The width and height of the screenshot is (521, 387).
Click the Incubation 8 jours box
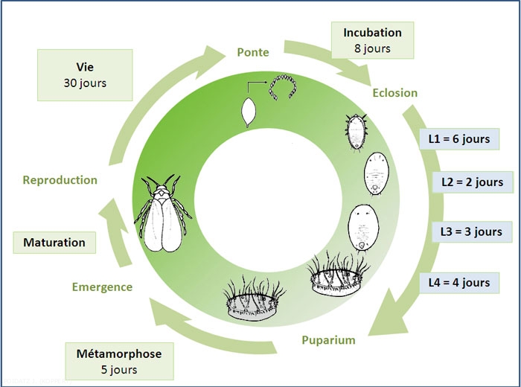coord(372,40)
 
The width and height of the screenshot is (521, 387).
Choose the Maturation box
coord(54,243)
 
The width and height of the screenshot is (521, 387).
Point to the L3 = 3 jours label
coord(471,231)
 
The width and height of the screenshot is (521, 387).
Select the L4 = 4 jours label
coord(458,282)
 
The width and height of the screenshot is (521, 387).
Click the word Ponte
coord(252,52)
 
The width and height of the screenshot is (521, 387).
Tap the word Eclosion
coord(394,93)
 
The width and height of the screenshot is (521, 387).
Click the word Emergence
coord(102,287)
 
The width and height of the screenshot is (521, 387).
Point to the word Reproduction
coord(60,180)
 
